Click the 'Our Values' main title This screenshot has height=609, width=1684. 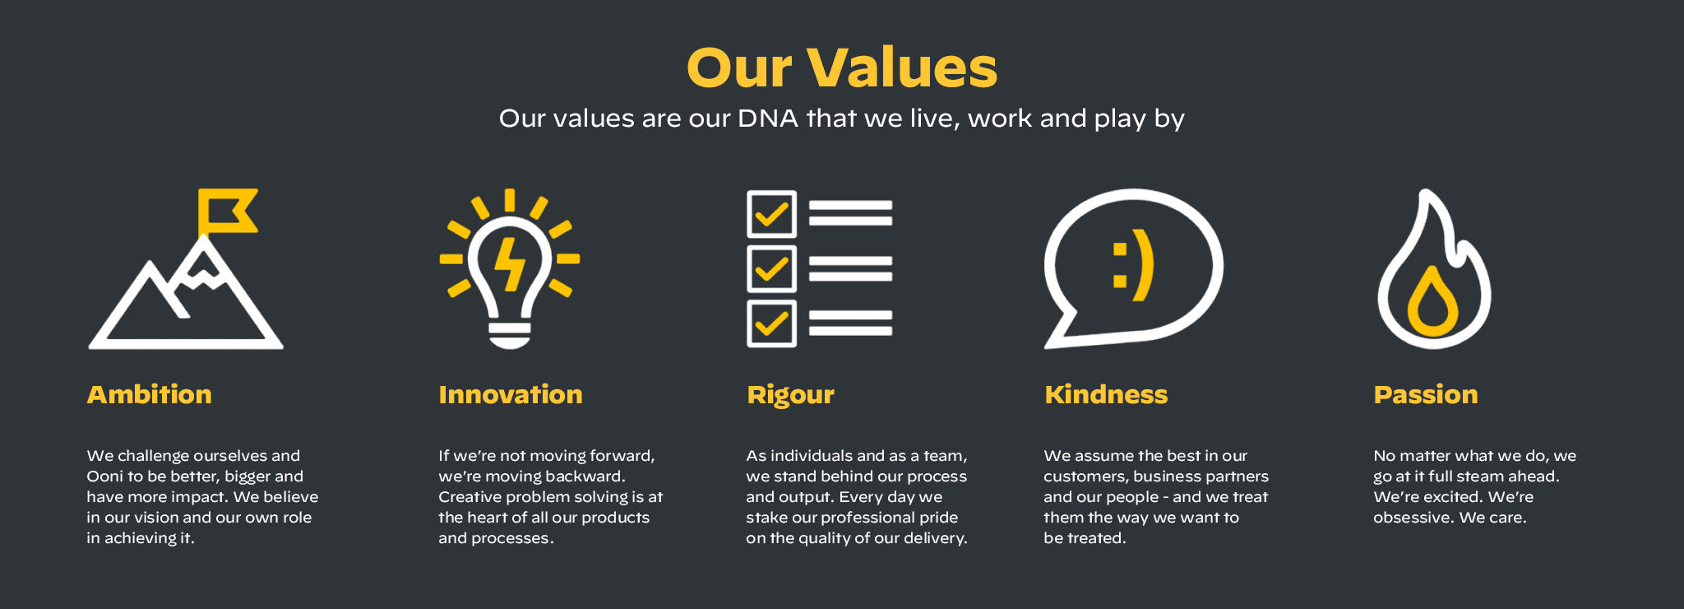coord(842,67)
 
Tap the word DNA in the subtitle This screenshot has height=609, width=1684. coord(768,119)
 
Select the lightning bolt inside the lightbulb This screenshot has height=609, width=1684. coord(510,264)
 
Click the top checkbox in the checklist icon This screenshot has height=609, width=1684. coord(771,214)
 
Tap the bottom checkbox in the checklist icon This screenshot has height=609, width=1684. coord(771,323)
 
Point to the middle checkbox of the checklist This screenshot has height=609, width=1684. coord(771,268)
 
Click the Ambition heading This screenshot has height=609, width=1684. coord(150,394)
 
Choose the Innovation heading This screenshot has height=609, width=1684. coord(511,394)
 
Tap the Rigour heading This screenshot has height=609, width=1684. coord(790,395)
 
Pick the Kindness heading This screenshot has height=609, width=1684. coord(1106,394)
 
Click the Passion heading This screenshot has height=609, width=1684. coord(1426,394)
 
